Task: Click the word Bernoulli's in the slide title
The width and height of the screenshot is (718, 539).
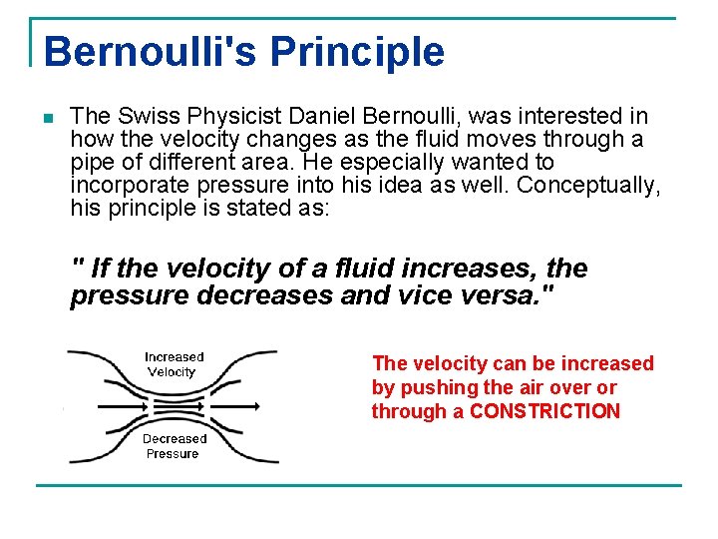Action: (x=145, y=51)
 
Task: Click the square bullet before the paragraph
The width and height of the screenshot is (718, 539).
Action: (x=47, y=119)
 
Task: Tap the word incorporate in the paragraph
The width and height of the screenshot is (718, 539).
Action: (x=127, y=185)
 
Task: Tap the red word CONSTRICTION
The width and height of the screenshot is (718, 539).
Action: (x=544, y=411)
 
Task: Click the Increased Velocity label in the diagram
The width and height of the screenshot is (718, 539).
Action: (x=174, y=364)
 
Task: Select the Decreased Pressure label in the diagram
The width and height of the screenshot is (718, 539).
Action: (x=174, y=446)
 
